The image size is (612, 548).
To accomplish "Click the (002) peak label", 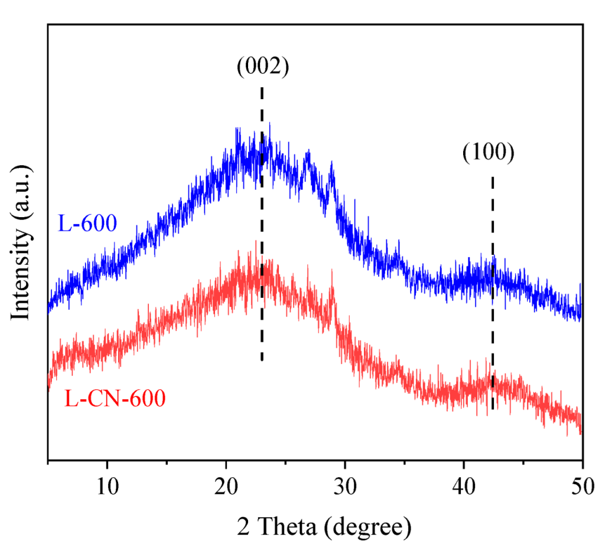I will (262, 67).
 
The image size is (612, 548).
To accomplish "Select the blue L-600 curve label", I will (87, 223).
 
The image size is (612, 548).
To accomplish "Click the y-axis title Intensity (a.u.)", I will (21, 242).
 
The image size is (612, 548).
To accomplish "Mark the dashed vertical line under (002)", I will (262, 224).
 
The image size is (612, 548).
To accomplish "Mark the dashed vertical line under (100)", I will (493, 295).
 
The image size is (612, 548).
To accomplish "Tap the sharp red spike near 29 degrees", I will (333, 274).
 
